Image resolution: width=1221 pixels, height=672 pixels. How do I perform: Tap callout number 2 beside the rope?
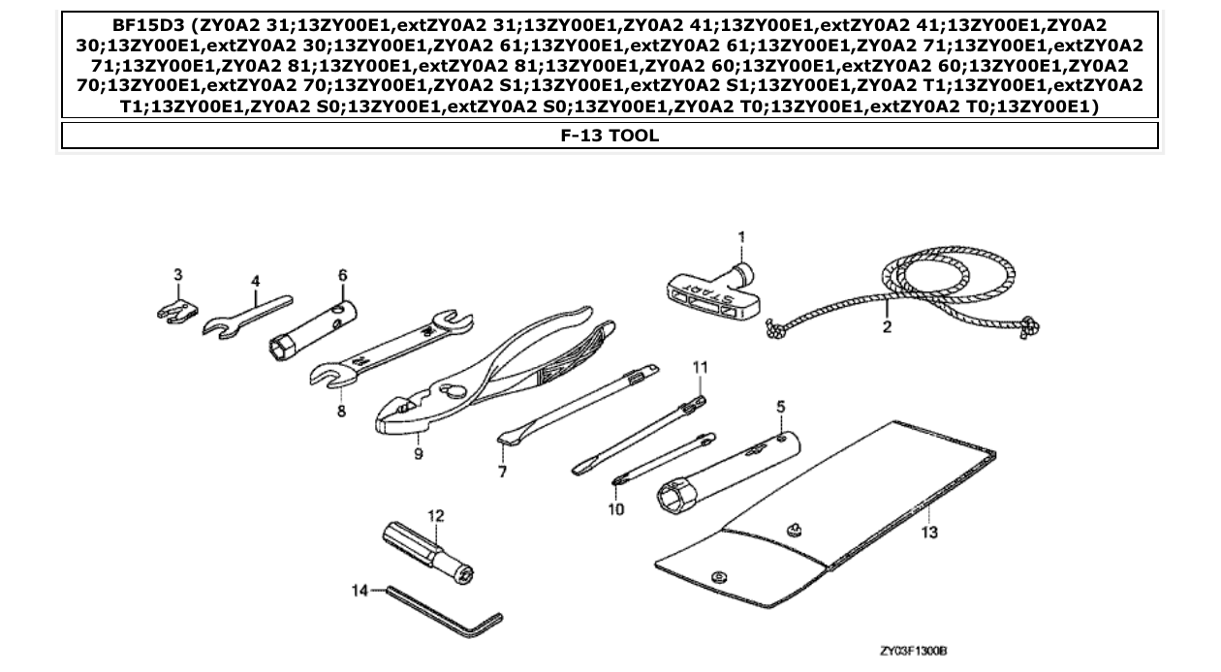[887, 327]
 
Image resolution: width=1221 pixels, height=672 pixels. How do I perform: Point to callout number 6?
[342, 276]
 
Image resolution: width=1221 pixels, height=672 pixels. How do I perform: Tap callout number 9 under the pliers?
[419, 453]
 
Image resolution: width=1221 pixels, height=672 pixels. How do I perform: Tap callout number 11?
[700, 367]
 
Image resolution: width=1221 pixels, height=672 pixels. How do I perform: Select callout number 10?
[616, 509]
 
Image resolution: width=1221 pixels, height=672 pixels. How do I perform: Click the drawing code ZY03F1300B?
[912, 654]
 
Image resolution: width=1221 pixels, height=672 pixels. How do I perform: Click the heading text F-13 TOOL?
[610, 136]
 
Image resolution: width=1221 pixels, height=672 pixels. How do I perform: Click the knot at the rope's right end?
[1029, 328]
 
